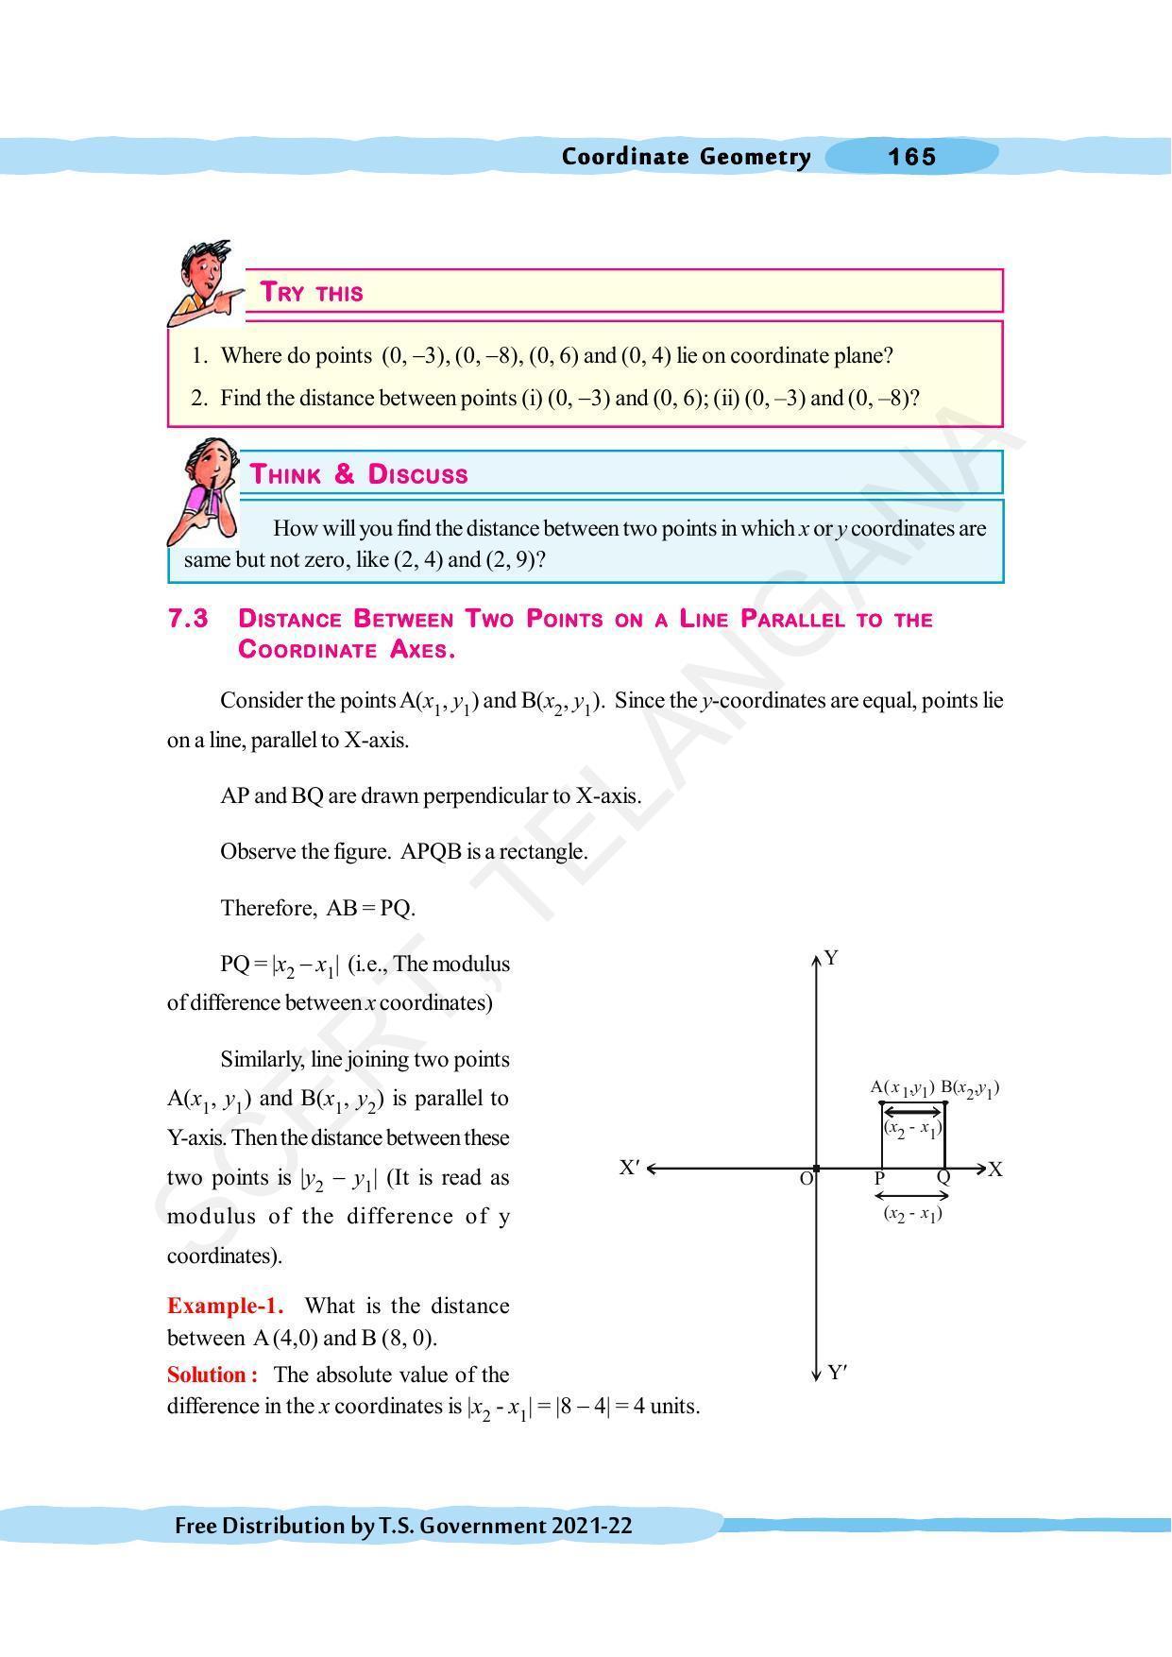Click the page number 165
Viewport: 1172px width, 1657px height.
pyautogui.click(x=911, y=157)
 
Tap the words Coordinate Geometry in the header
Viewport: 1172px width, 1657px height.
pyautogui.click(x=686, y=157)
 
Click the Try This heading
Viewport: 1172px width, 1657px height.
pyautogui.click(x=312, y=293)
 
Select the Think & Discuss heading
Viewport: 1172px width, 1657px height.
pyautogui.click(x=359, y=474)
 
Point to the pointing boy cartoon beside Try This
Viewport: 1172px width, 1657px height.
pyautogui.click(x=201, y=281)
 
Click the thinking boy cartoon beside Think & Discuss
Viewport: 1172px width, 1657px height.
pyautogui.click(x=203, y=489)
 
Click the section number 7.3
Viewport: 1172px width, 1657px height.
pyautogui.click(x=188, y=619)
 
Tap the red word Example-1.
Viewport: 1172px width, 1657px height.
pyautogui.click(x=225, y=1306)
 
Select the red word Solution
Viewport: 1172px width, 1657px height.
pyautogui.click(x=212, y=1375)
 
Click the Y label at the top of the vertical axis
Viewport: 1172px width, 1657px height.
pyautogui.click(x=831, y=958)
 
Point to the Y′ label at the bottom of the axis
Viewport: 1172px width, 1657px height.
pyautogui.click(x=837, y=1373)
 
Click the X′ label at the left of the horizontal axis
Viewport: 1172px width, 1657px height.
pyautogui.click(x=630, y=1168)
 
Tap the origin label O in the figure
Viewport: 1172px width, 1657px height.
pyautogui.click(x=806, y=1179)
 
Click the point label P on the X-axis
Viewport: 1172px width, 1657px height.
pyautogui.click(x=879, y=1179)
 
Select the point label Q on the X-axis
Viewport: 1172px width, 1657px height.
pyautogui.click(x=943, y=1178)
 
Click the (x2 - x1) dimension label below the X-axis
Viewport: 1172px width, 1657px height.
pyautogui.click(x=912, y=1214)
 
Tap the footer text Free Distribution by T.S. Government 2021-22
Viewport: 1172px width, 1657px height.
pyautogui.click(x=403, y=1526)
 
